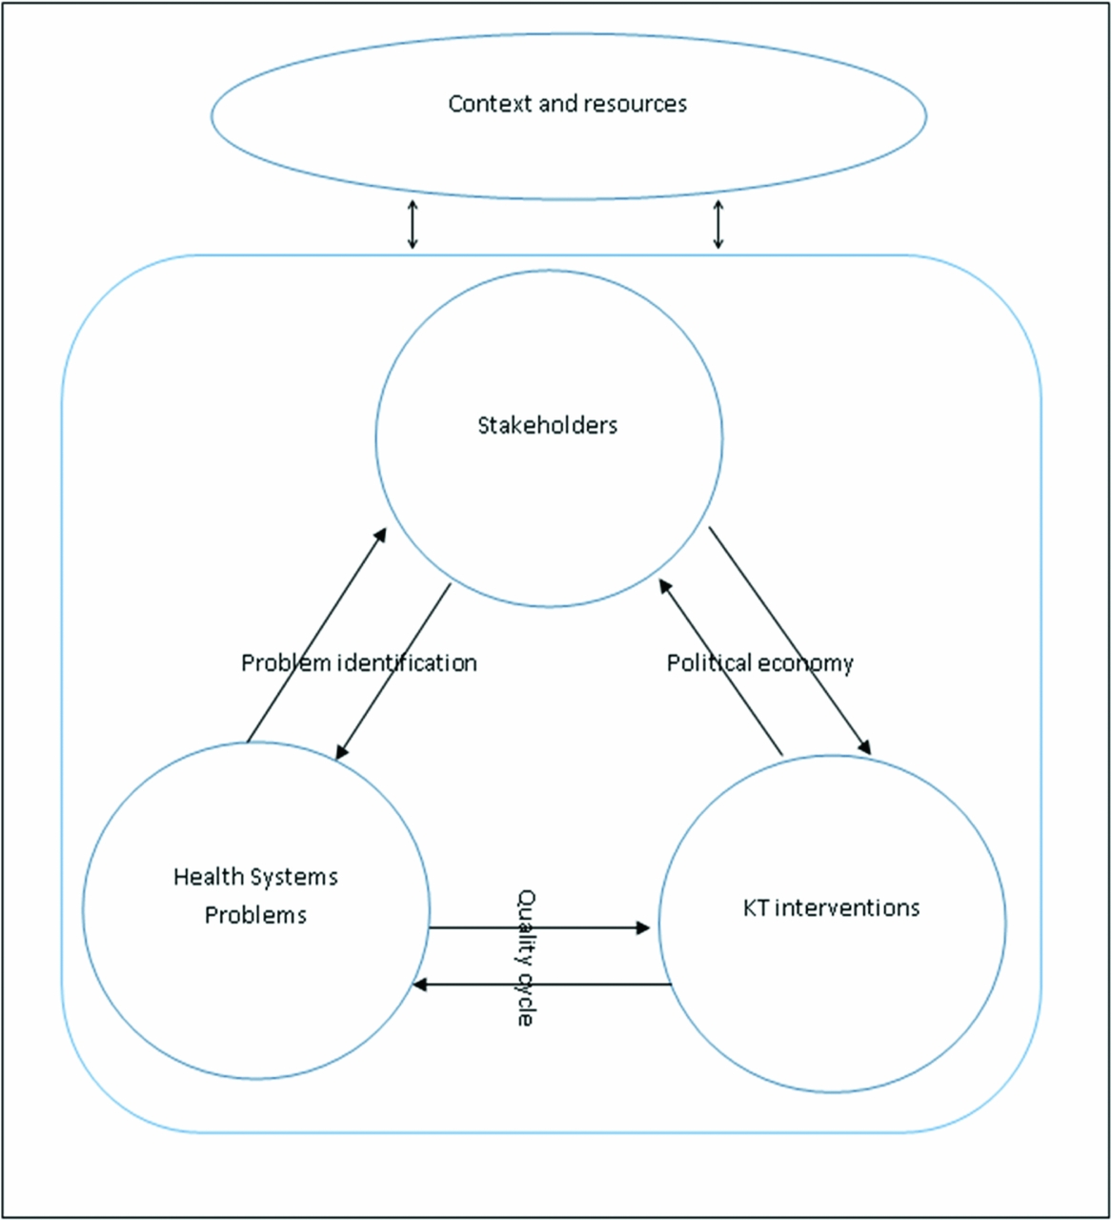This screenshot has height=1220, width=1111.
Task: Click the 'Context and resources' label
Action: point(567,104)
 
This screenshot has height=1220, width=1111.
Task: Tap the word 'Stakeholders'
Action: point(547,425)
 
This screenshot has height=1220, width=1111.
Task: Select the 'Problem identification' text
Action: point(358,662)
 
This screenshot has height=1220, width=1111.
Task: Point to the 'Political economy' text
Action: point(759,662)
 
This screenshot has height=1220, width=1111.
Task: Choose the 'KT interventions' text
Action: point(831,907)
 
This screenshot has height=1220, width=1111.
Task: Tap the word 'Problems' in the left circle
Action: point(255,915)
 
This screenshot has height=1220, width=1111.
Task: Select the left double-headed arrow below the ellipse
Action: point(412,225)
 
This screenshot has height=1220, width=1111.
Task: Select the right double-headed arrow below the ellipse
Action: point(718,225)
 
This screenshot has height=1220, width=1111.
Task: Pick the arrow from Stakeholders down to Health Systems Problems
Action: point(393,672)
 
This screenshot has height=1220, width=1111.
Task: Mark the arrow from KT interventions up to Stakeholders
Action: point(721,666)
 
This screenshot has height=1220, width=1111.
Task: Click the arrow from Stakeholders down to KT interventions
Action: point(790,640)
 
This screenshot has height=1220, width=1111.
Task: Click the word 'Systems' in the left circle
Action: point(295,876)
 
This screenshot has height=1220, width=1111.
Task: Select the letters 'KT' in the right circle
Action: point(756,907)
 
